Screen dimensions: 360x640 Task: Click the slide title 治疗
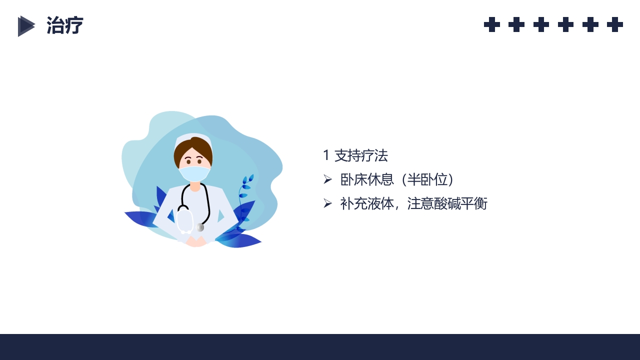point(64,25)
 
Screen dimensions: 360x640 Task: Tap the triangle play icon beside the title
point(26,26)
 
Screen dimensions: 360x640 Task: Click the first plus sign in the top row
point(492,24)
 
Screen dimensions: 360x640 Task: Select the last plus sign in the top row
point(615,24)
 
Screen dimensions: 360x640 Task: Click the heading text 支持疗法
point(361,155)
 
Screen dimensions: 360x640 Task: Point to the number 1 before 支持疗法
point(326,155)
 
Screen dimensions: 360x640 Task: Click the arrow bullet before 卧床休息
point(327,179)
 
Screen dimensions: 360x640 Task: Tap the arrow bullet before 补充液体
point(327,203)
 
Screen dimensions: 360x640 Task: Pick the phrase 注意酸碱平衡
point(447,203)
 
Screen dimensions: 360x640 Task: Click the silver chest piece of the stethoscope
point(200,227)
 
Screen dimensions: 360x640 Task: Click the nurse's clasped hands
point(196,241)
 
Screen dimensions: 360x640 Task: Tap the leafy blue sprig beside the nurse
point(245,192)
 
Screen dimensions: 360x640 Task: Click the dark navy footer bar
point(320,347)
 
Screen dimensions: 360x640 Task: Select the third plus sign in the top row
point(541,24)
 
